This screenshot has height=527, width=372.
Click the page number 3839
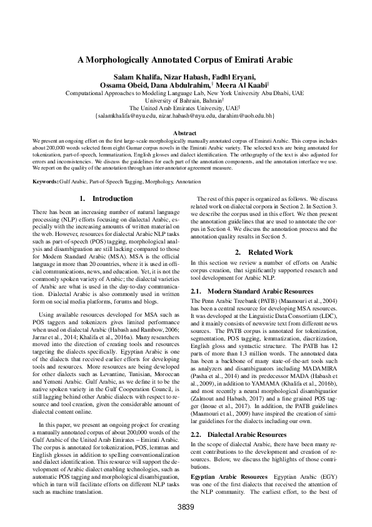pyautogui.click(x=186, y=506)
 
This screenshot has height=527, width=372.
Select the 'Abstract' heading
pyautogui.click(x=185, y=133)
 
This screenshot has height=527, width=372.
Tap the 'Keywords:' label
pyautogui.click(x=47, y=181)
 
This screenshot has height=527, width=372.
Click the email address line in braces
pyautogui.click(x=185, y=116)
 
